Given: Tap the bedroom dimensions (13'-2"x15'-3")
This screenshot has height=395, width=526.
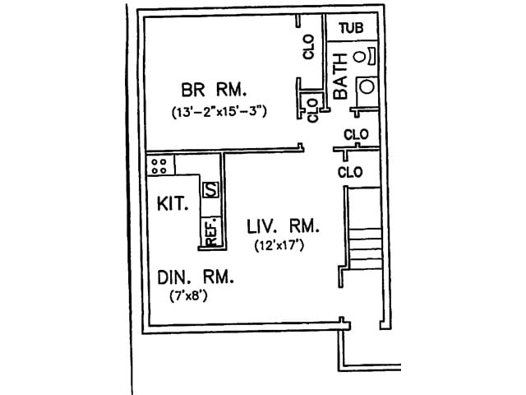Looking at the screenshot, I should [x=219, y=110].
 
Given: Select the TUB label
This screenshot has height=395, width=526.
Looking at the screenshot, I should [x=351, y=28].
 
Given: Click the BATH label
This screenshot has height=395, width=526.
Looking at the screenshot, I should [x=340, y=77].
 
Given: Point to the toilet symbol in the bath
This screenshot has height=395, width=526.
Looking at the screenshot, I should [x=363, y=56].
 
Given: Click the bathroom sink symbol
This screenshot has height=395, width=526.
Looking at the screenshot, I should [x=367, y=86].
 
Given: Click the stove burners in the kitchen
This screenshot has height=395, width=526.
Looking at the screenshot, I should [x=159, y=165].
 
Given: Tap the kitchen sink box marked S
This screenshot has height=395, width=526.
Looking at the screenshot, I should [x=210, y=188].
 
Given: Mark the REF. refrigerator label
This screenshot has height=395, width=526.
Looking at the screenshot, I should [x=210, y=230].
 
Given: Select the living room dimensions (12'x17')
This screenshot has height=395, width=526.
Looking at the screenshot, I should [x=280, y=244].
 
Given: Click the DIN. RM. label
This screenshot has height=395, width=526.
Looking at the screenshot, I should [x=195, y=277].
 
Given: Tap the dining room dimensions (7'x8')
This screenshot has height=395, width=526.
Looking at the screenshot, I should [x=188, y=296].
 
